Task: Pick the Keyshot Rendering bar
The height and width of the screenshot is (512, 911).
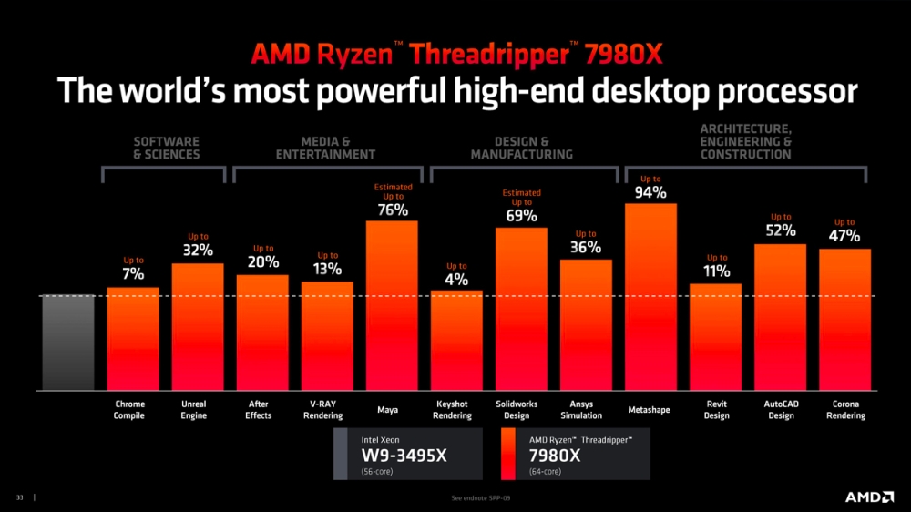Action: point(456,341)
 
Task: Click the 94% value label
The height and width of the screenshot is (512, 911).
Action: point(650,192)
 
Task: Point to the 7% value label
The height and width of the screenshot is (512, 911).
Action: point(133,273)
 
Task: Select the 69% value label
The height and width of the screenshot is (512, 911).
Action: point(521,216)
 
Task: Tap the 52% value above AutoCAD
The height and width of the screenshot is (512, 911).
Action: point(781,230)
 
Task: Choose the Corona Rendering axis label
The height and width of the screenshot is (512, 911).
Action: point(844,410)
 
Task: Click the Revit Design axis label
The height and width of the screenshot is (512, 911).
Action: point(716,410)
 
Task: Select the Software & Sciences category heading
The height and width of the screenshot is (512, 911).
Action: point(166,148)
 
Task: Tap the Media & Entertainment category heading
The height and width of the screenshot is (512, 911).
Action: point(325,148)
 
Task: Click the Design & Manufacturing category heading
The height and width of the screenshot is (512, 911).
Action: point(521,148)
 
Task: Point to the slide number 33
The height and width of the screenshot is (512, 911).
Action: point(19,497)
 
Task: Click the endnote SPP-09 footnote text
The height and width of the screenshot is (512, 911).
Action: point(478,498)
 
